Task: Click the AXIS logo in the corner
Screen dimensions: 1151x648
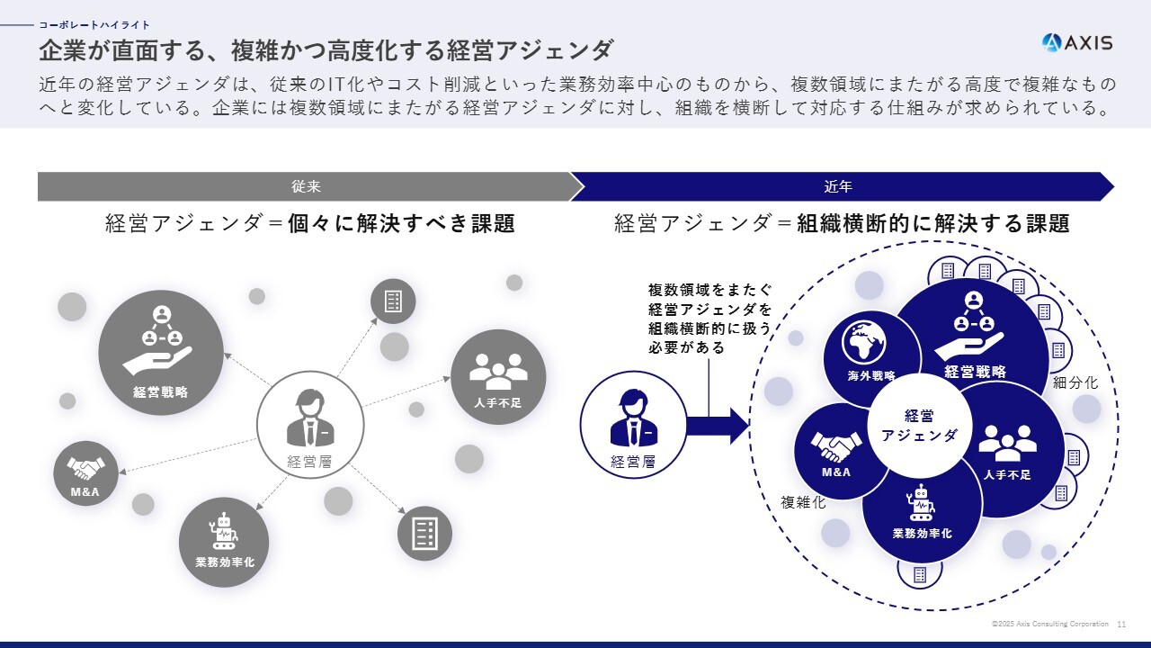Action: click(1077, 42)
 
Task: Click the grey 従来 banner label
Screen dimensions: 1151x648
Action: click(307, 186)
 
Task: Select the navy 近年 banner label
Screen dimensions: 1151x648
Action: click(838, 186)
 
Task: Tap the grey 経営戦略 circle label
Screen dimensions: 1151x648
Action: click(161, 391)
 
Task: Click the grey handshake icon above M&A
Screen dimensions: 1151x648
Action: click(85, 469)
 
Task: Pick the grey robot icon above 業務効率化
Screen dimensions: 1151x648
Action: click(224, 531)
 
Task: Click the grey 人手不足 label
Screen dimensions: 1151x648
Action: click(498, 402)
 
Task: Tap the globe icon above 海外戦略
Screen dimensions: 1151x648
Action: click(864, 343)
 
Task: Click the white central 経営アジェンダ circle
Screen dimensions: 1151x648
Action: click(919, 426)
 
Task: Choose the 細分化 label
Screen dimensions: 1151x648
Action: click(1075, 382)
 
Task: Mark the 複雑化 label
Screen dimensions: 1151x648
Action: click(803, 502)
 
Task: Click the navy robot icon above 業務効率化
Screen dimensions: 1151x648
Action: click(922, 503)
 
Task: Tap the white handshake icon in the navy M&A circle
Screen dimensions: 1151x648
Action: click(836, 446)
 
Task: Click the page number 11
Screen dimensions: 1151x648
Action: click(1121, 625)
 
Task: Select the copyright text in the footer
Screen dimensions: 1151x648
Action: click(1049, 624)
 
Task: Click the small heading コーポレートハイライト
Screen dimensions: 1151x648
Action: click(94, 24)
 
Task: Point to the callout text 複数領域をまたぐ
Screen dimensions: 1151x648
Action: click(710, 290)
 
